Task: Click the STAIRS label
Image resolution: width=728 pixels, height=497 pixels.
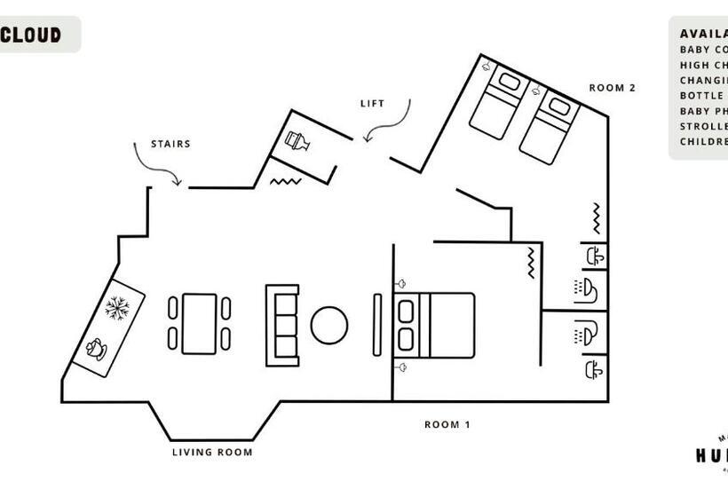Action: point(170,144)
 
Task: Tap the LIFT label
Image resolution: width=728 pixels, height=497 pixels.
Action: point(372,104)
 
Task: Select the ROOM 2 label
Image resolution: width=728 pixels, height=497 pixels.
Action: point(613,88)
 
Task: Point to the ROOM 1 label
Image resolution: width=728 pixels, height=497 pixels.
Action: point(447,425)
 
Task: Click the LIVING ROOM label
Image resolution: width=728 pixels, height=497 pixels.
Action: point(212,453)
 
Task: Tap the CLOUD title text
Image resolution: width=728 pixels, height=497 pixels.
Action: point(31,35)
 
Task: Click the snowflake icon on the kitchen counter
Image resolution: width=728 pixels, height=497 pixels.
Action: point(117,309)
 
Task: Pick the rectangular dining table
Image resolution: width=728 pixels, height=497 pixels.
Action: point(199,324)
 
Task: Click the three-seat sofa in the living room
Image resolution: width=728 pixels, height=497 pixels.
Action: point(282,325)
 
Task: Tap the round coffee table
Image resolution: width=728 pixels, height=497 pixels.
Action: point(329,325)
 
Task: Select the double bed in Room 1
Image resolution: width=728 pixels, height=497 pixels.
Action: point(435,325)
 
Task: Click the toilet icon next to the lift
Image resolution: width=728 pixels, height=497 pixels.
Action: point(297,142)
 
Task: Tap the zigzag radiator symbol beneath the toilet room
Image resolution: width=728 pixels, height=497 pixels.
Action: point(286,181)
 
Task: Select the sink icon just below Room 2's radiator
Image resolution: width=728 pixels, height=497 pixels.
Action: point(595,256)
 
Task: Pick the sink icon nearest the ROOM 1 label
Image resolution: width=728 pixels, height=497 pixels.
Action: point(594,368)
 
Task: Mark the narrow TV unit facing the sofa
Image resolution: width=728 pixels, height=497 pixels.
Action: point(377,325)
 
